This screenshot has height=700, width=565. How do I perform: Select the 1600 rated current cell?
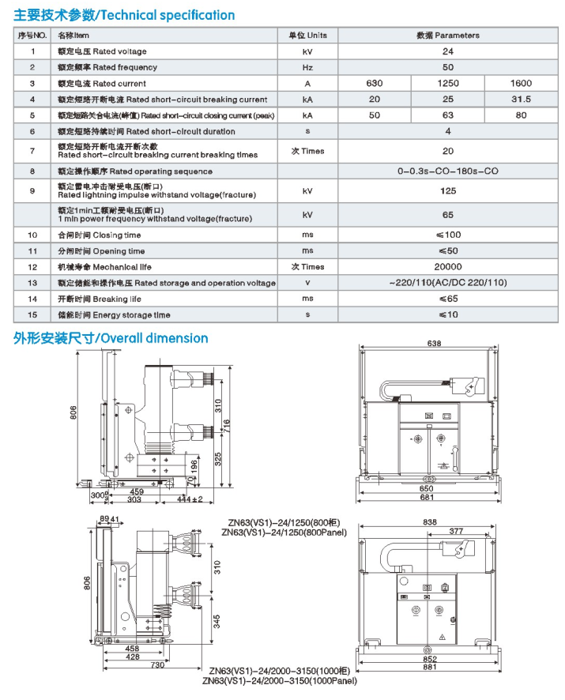pos(521,83)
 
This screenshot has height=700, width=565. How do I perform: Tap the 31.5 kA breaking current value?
pos(521,100)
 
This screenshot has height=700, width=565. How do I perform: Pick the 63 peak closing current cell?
pos(447,115)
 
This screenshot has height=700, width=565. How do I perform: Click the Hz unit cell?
pos(307,67)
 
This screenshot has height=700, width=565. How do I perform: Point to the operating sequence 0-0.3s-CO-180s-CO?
pos(447,171)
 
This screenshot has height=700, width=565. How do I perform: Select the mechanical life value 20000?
pos(447,267)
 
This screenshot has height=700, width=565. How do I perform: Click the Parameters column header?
pos(447,36)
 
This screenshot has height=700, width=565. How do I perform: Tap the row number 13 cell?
pos(32,283)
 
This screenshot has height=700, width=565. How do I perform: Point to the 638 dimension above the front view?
pos(434,344)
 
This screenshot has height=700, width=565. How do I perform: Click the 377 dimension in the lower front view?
pos(457,533)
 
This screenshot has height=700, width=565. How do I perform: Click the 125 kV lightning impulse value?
pos(447,190)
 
